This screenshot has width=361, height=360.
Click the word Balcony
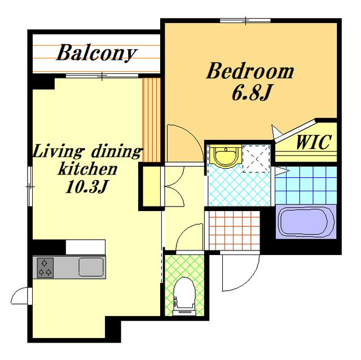[96, 53]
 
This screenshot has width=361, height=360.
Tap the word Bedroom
[250, 71]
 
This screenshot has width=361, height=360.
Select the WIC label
[314, 142]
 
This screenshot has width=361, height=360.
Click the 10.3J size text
[87, 186]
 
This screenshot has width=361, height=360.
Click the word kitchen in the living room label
[87, 169]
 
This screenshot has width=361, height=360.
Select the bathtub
[306, 222]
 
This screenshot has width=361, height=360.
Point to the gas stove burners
[45, 267]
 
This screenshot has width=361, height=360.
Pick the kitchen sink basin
[91, 267]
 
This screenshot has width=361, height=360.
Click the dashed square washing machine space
[256, 159]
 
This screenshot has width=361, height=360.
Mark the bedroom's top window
[245, 21]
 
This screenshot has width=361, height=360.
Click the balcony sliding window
[102, 76]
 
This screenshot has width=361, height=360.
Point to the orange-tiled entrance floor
[235, 230]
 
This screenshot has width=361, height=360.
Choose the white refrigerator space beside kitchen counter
[85, 247]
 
